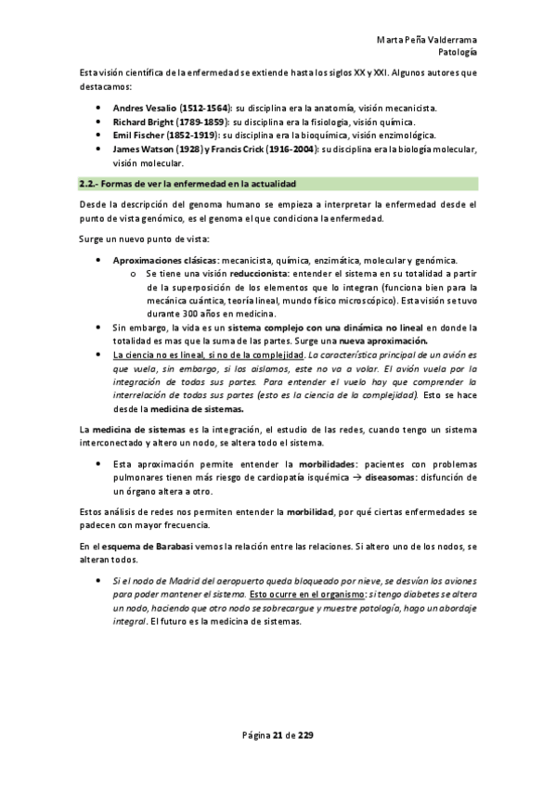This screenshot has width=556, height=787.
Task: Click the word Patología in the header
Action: point(457,52)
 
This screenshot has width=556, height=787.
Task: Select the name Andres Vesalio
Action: point(144,109)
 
